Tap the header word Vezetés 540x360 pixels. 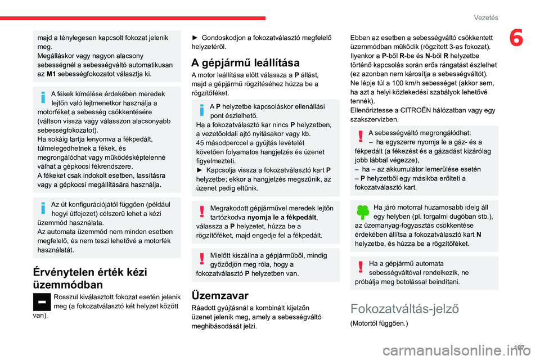(x=485, y=17)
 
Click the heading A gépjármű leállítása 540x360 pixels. (x=245, y=62)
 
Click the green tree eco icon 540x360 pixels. (x=361, y=211)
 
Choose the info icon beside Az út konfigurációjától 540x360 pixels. (x=43, y=207)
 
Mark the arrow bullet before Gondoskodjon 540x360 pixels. (x=195, y=38)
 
